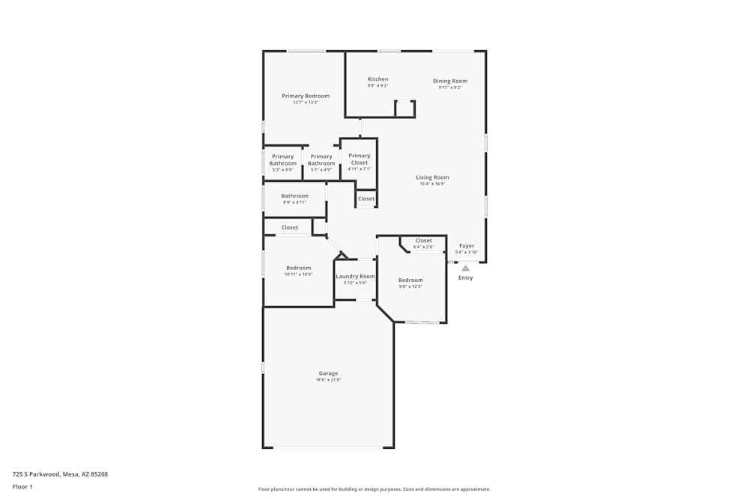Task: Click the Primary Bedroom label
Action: (x=306, y=96)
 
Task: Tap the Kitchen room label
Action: (x=377, y=79)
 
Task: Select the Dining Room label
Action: (x=449, y=81)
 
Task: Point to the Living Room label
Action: (x=432, y=177)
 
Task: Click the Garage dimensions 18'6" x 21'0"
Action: (x=328, y=380)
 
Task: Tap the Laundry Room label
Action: (x=355, y=276)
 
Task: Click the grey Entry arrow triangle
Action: (x=465, y=268)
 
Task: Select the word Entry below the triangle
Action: (x=465, y=278)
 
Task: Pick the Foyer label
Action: (x=467, y=245)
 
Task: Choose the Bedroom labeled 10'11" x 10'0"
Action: (x=298, y=268)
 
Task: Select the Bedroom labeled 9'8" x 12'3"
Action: (x=410, y=281)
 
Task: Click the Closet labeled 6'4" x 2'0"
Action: (x=423, y=241)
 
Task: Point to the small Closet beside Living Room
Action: (x=366, y=199)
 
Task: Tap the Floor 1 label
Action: (x=22, y=486)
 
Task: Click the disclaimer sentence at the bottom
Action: (x=374, y=489)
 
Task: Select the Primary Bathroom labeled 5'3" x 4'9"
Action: (x=283, y=159)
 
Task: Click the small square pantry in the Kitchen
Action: (x=405, y=109)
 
